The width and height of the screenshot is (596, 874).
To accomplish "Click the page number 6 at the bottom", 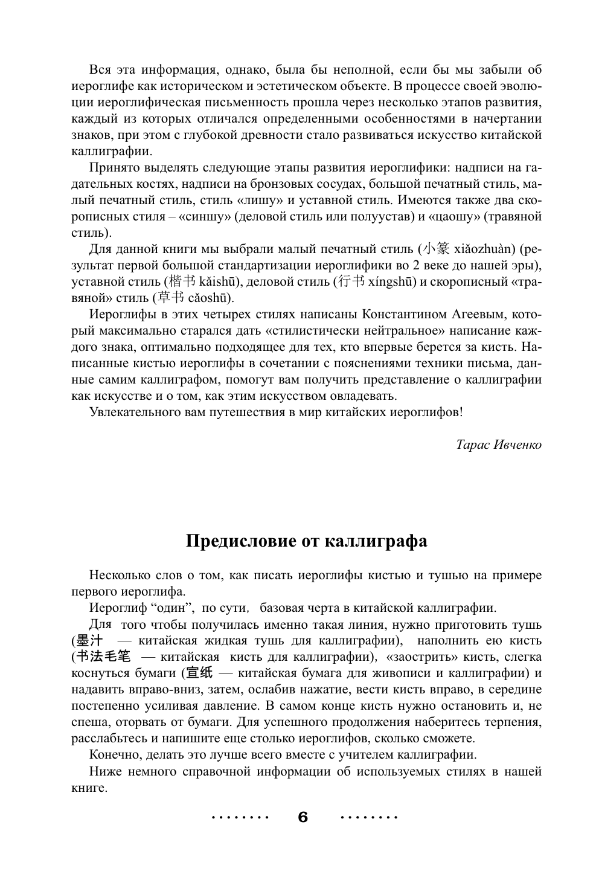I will point(303,817).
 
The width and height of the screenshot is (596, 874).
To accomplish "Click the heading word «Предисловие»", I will point(241,541).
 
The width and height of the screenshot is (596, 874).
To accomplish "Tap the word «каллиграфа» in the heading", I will point(376,541).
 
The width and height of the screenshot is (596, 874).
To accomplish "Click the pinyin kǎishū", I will point(220,281).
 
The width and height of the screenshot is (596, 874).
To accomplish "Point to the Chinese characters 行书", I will point(351,281).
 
